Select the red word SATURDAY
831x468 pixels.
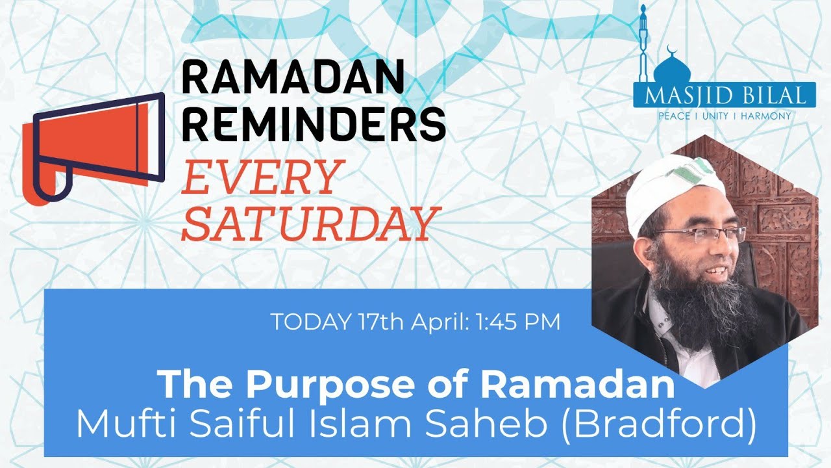(307, 223)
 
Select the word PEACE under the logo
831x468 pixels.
(675, 116)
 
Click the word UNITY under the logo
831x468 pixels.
(716, 116)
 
